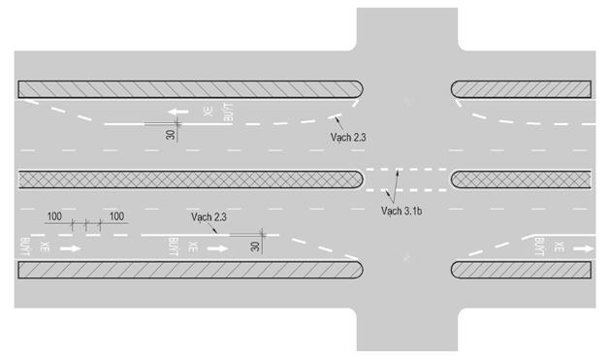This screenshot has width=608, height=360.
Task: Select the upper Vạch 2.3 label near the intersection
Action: pyautogui.click(x=348, y=138)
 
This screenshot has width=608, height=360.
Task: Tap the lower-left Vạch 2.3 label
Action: pyautogui.click(x=209, y=217)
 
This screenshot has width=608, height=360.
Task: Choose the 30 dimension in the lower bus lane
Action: pyautogui.click(x=256, y=246)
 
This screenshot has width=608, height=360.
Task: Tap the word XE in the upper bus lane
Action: pyautogui.click(x=208, y=113)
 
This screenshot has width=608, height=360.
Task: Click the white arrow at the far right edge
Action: pyautogui.click(x=582, y=248)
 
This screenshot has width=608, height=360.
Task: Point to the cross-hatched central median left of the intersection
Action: pyautogui.click(x=189, y=180)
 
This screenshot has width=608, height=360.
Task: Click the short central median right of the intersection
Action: pyautogui.click(x=522, y=180)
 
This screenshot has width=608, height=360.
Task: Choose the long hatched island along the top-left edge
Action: pyautogui.click(x=189, y=89)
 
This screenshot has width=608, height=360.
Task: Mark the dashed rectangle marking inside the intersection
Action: pyautogui.click(x=405, y=180)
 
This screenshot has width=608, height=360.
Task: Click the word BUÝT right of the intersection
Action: pyautogui.click(x=536, y=248)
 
